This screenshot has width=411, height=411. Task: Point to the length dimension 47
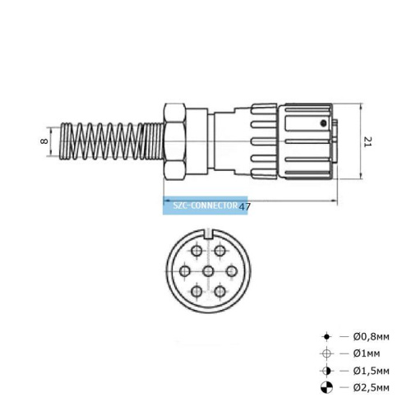point(244,207)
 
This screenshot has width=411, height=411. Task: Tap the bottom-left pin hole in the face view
point(196,292)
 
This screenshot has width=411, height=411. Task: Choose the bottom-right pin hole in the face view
point(221,292)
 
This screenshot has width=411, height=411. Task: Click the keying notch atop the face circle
point(208,239)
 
